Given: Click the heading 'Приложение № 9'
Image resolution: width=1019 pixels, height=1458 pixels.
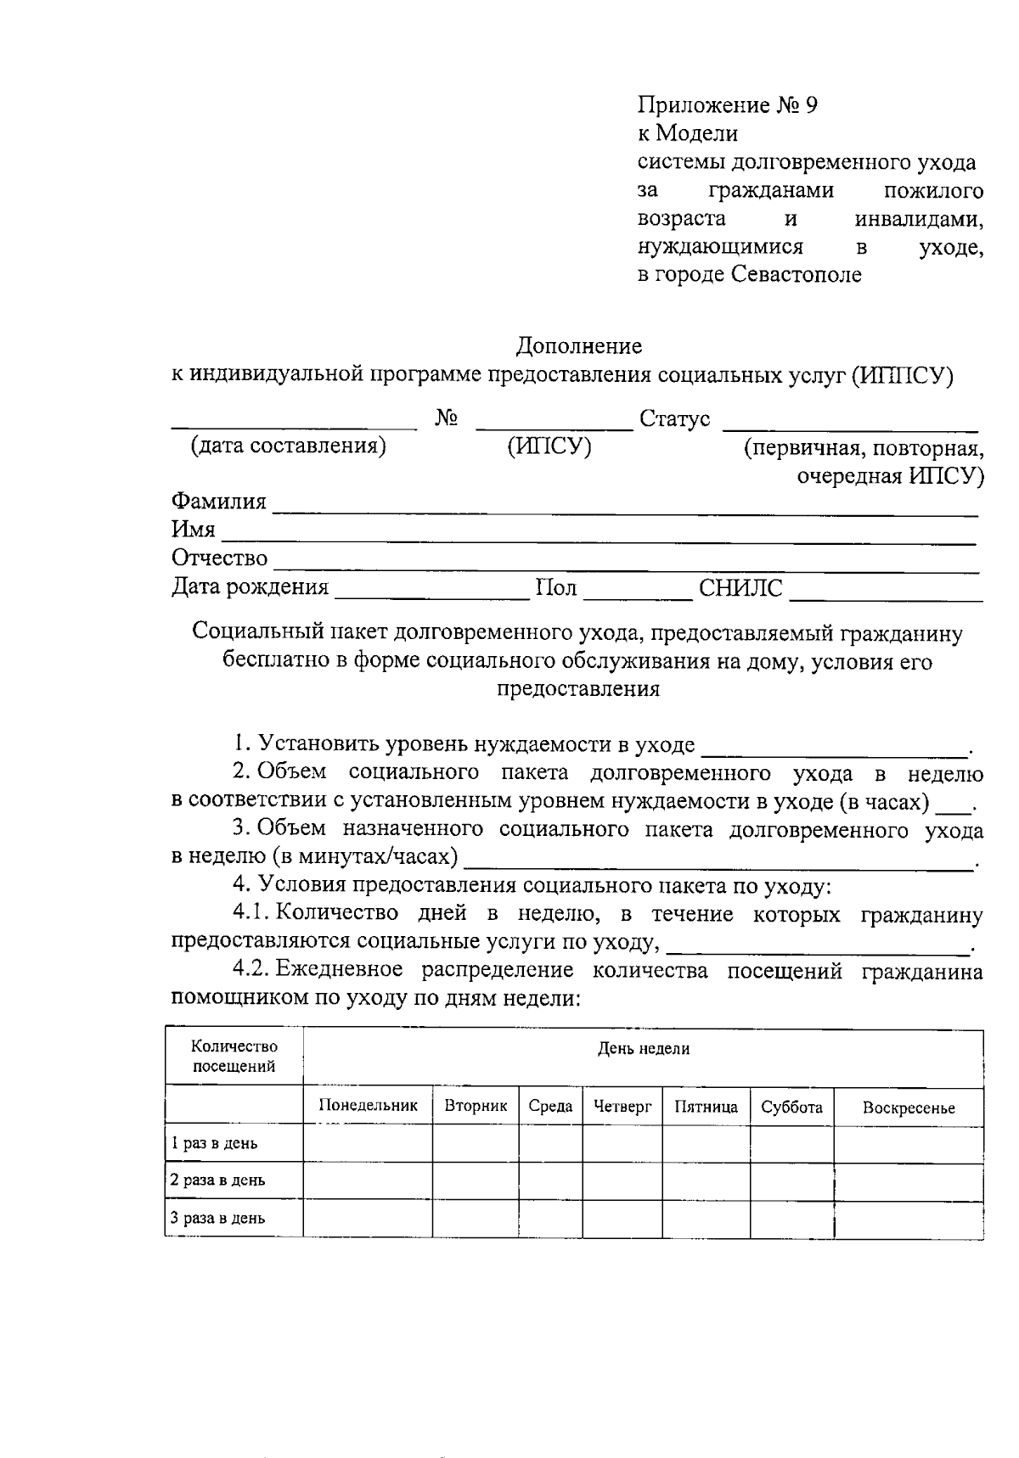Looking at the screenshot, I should [727, 105].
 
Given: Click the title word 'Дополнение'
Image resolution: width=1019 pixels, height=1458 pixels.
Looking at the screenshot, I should [579, 346].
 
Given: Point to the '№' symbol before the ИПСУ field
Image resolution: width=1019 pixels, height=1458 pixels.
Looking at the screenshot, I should [448, 418].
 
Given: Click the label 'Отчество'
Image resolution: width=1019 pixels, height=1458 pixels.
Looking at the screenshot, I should [219, 558].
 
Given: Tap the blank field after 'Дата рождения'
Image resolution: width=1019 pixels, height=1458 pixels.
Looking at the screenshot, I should [431, 592].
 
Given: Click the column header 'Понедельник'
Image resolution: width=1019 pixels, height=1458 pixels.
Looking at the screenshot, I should [368, 1106].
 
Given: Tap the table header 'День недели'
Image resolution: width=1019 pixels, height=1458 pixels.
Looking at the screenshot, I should [643, 1049].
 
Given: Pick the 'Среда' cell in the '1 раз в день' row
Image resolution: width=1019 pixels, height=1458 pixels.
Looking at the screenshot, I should [550, 1143].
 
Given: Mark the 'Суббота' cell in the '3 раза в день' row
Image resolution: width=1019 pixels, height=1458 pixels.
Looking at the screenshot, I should [791, 1219].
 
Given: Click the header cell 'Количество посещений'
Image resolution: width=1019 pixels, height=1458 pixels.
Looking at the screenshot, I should [234, 1057].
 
